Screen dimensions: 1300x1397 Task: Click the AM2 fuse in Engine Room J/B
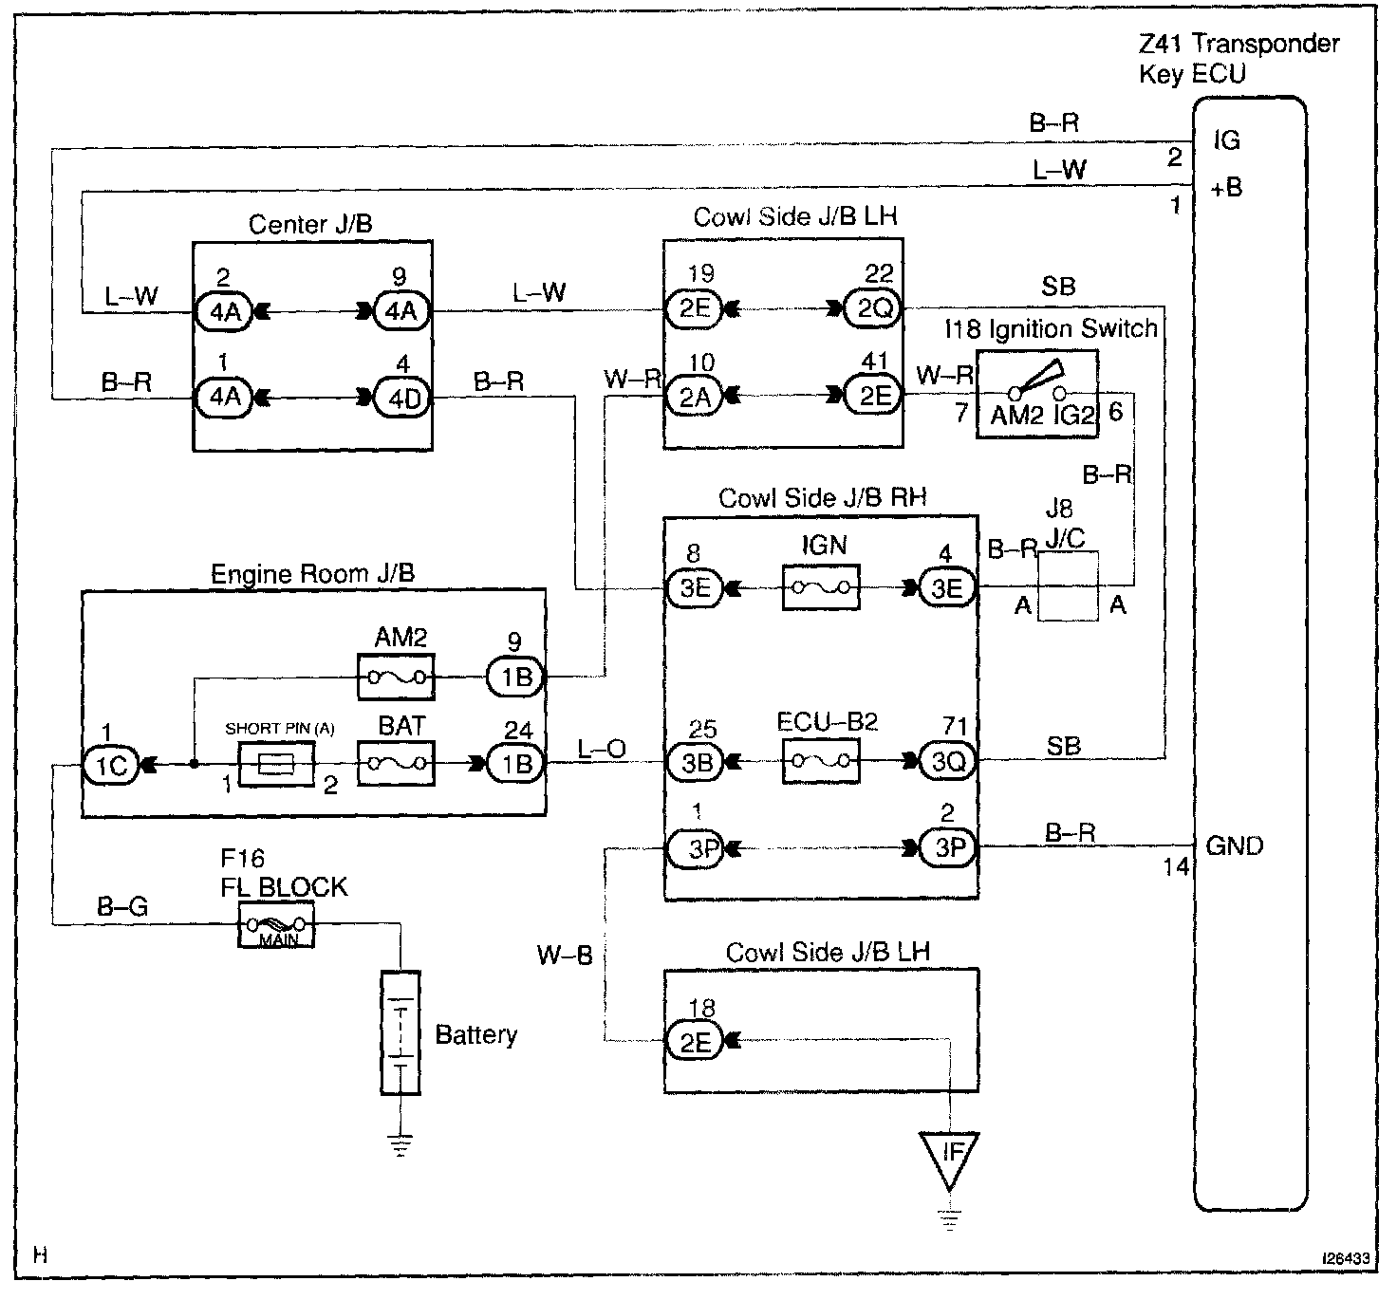[x=395, y=678]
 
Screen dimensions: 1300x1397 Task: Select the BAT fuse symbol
[x=395, y=763]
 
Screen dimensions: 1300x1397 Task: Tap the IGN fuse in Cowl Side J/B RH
[x=821, y=587]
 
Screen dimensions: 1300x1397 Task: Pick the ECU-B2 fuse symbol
[x=821, y=760]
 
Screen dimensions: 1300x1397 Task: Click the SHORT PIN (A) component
[x=276, y=764]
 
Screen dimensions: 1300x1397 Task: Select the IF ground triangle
[x=949, y=1158]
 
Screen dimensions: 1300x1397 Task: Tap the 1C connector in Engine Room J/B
[x=112, y=764]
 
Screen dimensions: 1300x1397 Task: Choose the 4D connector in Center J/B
[x=402, y=398]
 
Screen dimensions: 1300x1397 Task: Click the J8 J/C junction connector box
[x=1068, y=586]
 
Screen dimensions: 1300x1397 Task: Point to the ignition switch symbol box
[x=1037, y=395]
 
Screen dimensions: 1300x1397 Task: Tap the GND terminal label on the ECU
[x=1234, y=845]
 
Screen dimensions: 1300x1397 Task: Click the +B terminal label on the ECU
[x=1225, y=188]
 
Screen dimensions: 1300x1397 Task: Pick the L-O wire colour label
[x=602, y=749]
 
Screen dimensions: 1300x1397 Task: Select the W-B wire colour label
[x=565, y=955]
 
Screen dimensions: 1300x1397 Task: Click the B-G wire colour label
[x=123, y=908]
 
